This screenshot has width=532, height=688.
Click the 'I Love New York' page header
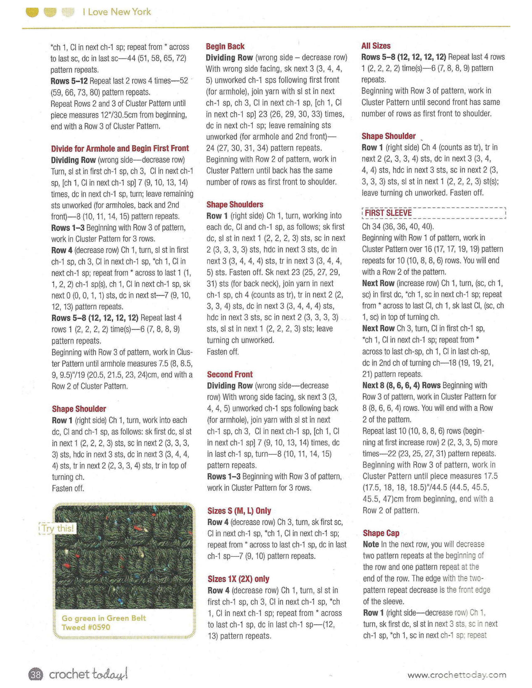coord(117,12)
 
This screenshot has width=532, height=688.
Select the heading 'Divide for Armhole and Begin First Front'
coord(120,148)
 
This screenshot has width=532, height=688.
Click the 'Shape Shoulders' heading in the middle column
coord(235,205)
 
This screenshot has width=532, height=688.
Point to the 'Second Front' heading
coord(230,374)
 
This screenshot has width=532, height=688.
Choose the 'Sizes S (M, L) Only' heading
coord(239,511)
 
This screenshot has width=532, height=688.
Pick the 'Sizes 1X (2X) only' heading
coord(238,579)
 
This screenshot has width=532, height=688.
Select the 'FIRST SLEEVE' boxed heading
coord(388,213)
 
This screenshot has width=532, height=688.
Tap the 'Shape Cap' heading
coord(381,533)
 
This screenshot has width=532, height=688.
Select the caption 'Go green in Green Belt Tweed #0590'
coord(104,623)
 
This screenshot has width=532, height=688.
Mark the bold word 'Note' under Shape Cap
coord(371,544)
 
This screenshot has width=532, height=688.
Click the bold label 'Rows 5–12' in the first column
coord(69,81)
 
